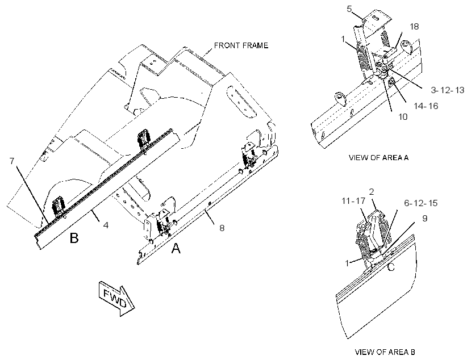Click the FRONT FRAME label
coord(241,45)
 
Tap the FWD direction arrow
coord(116,298)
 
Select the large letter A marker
coord(176,248)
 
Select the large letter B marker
coord(74,238)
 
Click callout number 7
coord(11,161)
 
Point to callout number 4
coord(106,225)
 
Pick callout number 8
coord(222,228)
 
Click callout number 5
coord(349,9)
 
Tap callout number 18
coord(414,27)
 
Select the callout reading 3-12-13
coord(448,90)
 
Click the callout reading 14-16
coord(426,106)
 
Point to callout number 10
coord(403,117)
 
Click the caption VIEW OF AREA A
coord(378,157)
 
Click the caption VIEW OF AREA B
coord(385,352)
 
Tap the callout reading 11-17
coord(353,200)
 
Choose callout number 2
coord(372,192)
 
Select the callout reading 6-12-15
coord(421,203)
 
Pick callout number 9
coord(425,218)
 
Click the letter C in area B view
coord(391,267)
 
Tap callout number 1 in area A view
coord(343,39)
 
